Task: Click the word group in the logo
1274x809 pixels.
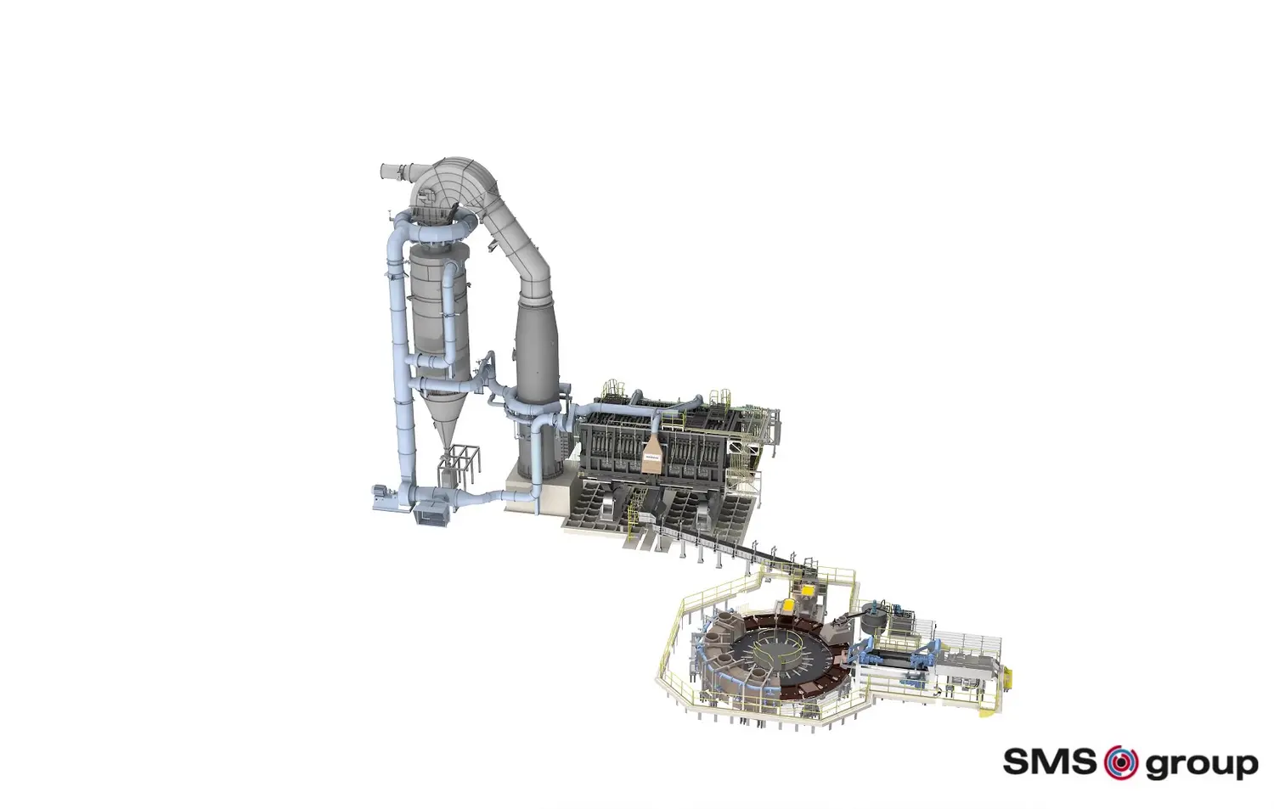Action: (1201, 765)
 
